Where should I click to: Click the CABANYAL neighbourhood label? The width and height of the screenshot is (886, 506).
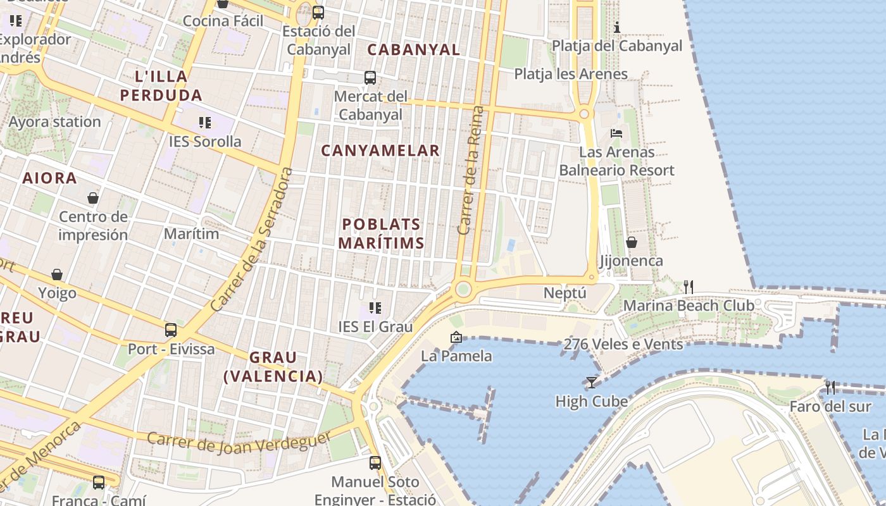[x=413, y=49]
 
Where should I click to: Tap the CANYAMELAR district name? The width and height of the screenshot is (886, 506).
[x=380, y=151]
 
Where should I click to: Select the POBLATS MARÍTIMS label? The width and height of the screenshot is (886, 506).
[x=381, y=233]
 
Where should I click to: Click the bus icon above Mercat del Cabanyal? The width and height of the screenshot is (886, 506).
[x=370, y=78]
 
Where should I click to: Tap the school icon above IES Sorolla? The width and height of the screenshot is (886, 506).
[x=204, y=122]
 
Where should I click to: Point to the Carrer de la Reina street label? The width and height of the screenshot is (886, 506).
[x=471, y=171]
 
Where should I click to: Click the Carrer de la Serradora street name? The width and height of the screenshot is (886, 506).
[x=253, y=239]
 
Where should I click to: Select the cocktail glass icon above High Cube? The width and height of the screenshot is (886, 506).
[x=591, y=383]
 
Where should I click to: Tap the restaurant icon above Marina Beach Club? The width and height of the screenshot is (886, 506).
[x=689, y=287]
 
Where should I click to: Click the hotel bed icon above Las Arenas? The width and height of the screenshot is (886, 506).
[x=616, y=133]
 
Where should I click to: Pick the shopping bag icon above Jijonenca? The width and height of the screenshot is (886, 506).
[x=631, y=242]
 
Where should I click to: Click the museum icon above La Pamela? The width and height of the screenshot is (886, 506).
[x=456, y=337]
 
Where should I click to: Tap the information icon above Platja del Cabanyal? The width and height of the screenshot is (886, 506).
[x=617, y=27]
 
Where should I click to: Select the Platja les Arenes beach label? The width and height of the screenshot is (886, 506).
[x=571, y=74]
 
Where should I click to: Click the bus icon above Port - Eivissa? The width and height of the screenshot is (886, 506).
[x=171, y=330]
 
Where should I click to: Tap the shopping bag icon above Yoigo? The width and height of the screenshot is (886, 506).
[x=57, y=275]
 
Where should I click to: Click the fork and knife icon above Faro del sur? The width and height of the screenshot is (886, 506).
[x=830, y=387]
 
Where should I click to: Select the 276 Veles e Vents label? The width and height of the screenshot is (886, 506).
[x=623, y=345]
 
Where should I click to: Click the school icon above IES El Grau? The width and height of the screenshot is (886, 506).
[x=375, y=308]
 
